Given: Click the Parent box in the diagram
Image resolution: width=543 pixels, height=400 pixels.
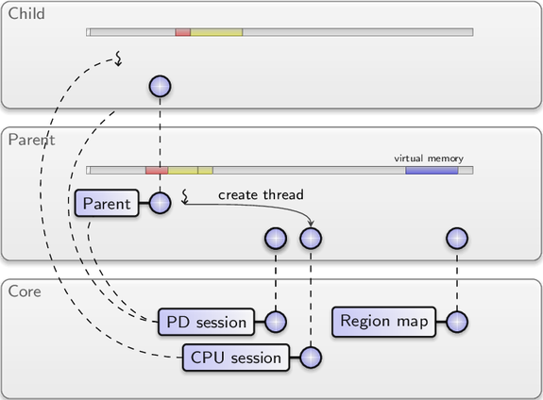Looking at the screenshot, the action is point(107,203).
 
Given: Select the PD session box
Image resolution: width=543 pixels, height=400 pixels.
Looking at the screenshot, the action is point(206,322).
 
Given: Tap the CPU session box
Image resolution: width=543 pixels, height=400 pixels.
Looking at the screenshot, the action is point(236,358).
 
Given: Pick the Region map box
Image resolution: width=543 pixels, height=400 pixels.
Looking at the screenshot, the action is point(383,322).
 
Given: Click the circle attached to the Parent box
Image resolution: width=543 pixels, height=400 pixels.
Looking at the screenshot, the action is point(160,203).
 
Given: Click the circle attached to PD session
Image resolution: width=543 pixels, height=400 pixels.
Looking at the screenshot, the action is point(276,322).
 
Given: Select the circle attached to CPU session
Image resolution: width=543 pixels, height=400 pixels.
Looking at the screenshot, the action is point(311,358).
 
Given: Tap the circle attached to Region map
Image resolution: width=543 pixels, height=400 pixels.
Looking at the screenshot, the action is point(457,322).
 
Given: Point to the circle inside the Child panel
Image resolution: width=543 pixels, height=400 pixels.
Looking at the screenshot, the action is point(160,87).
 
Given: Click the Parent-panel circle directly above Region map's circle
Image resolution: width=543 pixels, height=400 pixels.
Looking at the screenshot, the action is point(457,239).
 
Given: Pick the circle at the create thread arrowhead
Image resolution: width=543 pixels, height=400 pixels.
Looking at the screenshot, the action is point(311,239).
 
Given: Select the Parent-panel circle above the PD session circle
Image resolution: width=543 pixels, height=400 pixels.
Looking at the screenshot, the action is point(276,239).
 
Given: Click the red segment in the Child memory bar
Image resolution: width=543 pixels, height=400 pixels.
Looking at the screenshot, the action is point(183,32).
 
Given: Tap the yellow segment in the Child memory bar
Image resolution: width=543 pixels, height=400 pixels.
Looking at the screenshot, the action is point(216,32).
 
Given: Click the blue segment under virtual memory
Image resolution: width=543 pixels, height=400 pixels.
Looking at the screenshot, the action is point(432,170).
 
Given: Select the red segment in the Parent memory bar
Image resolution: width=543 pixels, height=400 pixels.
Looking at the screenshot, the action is point(157,170).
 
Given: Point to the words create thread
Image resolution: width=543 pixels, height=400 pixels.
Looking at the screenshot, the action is point(261,194).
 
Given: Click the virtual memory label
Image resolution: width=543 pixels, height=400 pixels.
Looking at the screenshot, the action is point(429,158).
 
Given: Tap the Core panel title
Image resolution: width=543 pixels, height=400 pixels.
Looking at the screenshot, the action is point(25,292).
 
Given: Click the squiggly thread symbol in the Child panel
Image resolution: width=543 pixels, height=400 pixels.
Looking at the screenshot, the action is point(118,58).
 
